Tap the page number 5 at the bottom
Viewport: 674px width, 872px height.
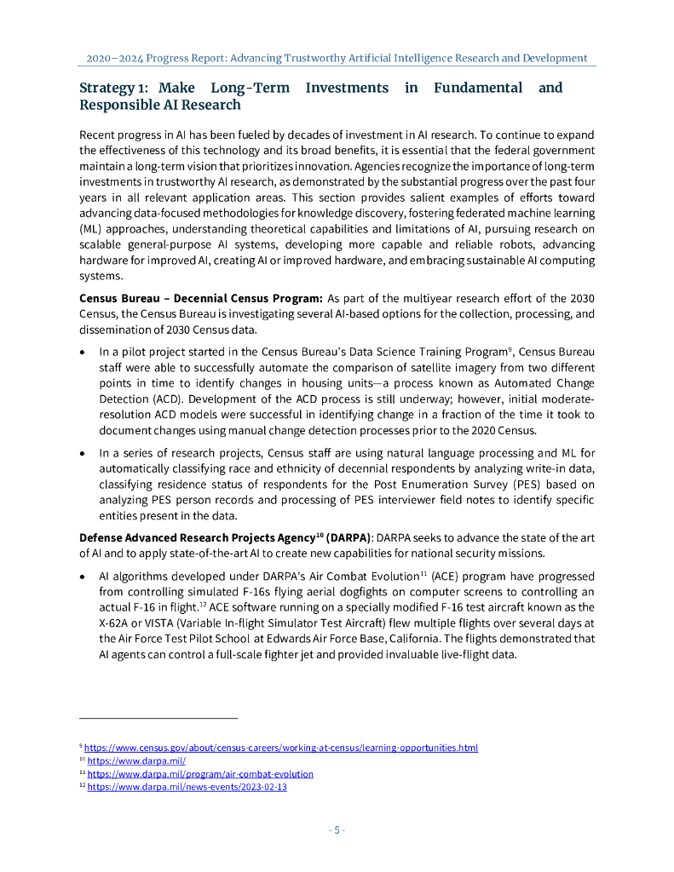(x=337, y=830)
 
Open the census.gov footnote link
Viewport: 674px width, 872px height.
(x=280, y=748)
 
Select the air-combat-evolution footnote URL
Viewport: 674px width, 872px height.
(x=200, y=774)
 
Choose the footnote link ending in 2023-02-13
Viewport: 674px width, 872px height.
(x=187, y=787)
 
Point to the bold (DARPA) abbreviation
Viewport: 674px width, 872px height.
(x=348, y=538)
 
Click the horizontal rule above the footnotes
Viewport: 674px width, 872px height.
(x=158, y=718)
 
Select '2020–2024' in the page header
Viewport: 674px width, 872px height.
(x=114, y=58)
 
